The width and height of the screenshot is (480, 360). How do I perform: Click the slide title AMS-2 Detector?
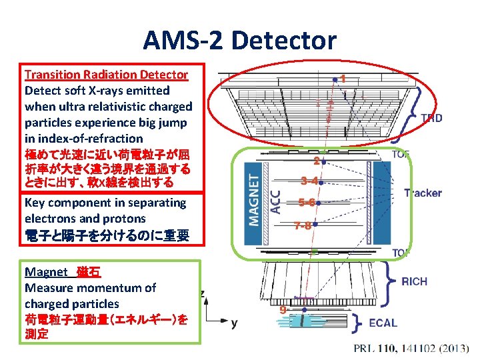(239, 41)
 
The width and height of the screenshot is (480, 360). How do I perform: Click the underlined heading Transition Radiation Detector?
(106, 75)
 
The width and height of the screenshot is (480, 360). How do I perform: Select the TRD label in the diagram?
(431, 118)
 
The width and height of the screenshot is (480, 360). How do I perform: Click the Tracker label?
(423, 193)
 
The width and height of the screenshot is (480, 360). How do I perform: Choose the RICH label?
(415, 281)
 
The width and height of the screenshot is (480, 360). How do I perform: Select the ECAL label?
(383, 323)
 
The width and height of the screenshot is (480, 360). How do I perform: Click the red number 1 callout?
(343, 78)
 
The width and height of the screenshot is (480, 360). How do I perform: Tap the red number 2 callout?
(318, 160)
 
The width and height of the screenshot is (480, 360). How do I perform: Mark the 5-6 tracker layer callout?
(307, 203)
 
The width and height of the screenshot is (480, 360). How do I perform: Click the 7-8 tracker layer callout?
(302, 225)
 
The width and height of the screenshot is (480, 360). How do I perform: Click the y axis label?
(234, 323)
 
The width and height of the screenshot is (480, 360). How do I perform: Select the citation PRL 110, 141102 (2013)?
(411, 349)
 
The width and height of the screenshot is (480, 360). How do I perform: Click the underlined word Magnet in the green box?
(46, 271)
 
